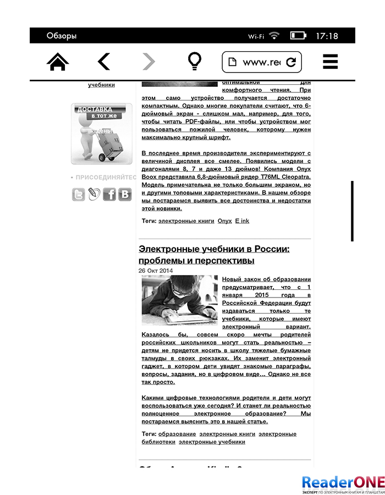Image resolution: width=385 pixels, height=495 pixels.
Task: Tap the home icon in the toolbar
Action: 58,62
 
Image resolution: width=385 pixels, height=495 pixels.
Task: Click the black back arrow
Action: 104,62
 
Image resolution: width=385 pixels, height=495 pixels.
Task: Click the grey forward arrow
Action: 148,62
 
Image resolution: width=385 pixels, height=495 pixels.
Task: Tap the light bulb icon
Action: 194,62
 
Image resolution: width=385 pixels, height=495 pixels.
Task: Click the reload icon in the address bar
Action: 291,62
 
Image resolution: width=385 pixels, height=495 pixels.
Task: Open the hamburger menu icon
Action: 330,62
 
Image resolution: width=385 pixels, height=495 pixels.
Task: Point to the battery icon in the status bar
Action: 298,36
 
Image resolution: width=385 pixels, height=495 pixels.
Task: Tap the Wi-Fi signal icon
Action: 274,36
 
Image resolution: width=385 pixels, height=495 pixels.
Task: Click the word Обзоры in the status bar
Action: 62,36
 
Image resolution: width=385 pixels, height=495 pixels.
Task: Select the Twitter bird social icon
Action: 79,194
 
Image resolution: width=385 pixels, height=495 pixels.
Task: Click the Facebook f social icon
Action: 109,194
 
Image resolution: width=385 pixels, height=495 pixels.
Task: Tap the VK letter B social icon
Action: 125,194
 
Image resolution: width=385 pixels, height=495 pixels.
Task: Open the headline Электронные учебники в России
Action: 214,254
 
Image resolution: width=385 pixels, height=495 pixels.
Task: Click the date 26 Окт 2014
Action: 156,271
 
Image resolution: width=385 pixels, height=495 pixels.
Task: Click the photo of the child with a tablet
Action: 179,300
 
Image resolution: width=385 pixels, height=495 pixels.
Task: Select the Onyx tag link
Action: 224,221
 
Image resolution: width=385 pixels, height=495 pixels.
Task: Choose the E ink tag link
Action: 242,221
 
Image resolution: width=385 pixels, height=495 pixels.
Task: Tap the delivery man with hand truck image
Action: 101,134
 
